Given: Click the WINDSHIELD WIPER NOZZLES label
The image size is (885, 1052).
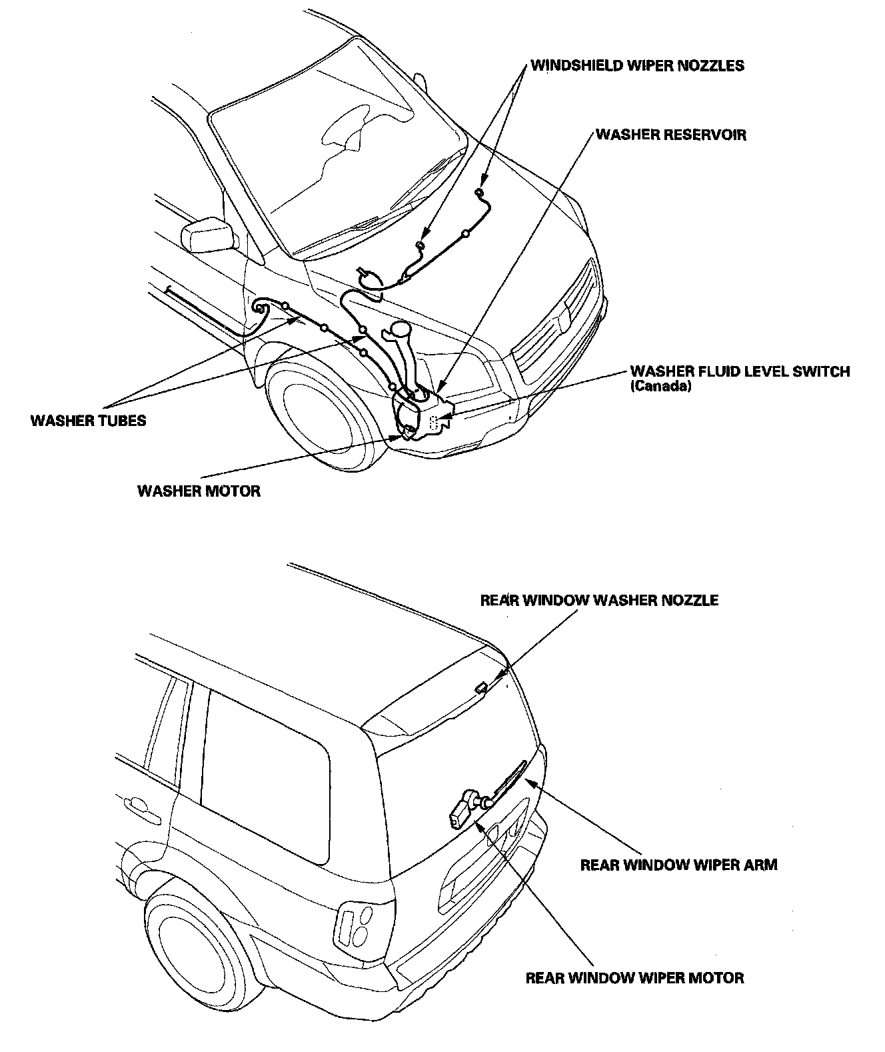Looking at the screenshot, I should pyautogui.click(x=637, y=65).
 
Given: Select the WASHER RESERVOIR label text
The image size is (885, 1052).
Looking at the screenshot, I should pyautogui.click(x=670, y=135).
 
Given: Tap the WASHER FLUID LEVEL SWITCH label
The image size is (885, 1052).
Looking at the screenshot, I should pyautogui.click(x=740, y=371).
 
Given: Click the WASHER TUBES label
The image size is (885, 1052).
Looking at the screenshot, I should pyautogui.click(x=88, y=421).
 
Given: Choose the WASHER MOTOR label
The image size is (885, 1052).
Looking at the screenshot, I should pyautogui.click(x=199, y=491).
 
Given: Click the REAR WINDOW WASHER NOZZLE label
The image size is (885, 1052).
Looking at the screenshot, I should pyautogui.click(x=599, y=600).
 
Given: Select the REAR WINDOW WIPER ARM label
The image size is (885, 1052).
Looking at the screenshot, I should pyautogui.click(x=678, y=865).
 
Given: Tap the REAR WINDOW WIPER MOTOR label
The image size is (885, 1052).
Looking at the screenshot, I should pyautogui.click(x=634, y=978).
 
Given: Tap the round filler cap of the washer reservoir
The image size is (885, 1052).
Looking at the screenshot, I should pyautogui.click(x=401, y=328).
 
